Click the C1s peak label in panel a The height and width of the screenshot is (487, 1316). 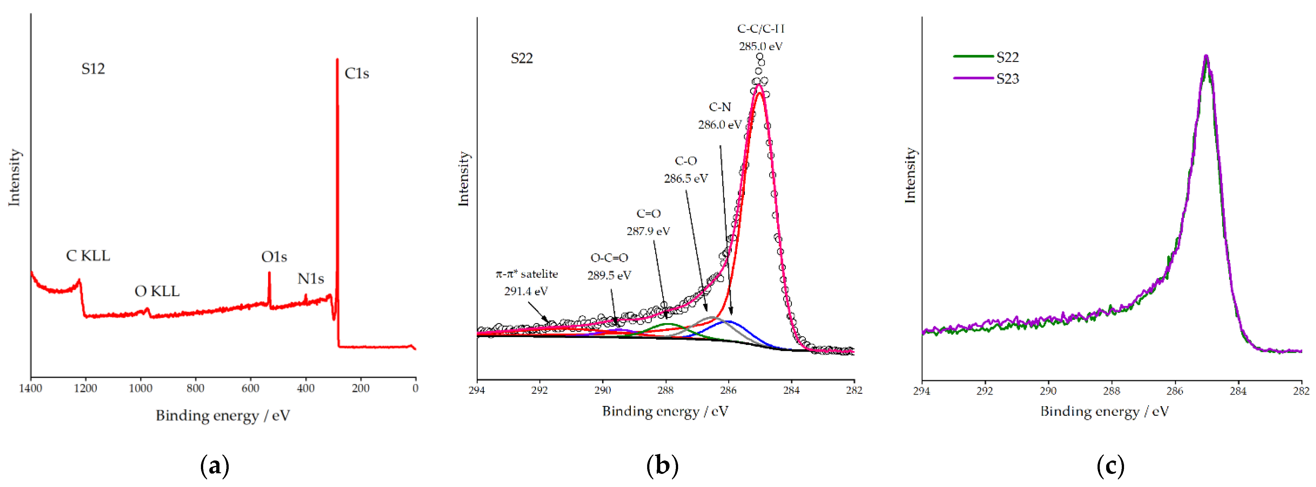coord(356,73)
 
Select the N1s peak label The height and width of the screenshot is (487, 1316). coord(310,279)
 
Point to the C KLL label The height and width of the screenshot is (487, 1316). coord(88,256)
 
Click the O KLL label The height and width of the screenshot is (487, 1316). coord(157,291)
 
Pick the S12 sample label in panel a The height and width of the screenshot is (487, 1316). coord(93,68)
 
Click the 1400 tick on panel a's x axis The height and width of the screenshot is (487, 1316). coord(31,388)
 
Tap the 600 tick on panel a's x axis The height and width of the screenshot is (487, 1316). coord(250,388)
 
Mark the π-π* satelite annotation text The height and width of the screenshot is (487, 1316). coord(527,274)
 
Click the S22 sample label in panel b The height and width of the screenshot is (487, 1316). coord(522,58)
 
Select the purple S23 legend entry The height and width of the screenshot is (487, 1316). coord(986,79)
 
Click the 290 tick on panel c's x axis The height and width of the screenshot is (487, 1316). coord(1048,391)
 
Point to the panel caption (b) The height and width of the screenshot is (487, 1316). coord(662,466)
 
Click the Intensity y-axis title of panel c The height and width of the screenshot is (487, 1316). coord(910,175)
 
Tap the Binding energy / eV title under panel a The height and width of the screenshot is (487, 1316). coord(223,415)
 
